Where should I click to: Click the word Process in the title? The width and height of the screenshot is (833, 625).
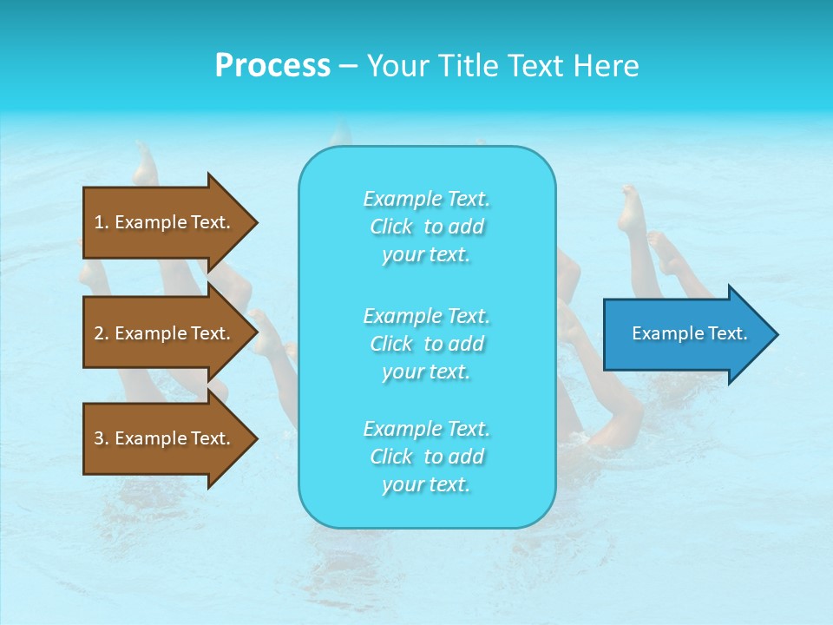pyautogui.click(x=272, y=66)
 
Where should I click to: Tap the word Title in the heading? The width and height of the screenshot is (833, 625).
pyautogui.click(x=464, y=66)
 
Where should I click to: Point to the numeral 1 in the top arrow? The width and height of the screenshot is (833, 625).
pyautogui.click(x=99, y=222)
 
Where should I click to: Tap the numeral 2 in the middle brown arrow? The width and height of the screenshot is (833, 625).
pyautogui.click(x=99, y=333)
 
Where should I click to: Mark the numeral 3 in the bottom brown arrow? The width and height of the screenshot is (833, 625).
pyautogui.click(x=99, y=438)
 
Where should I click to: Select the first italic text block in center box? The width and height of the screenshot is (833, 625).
pyautogui.click(x=426, y=227)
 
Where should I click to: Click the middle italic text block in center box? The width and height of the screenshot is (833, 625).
pyautogui.click(x=426, y=343)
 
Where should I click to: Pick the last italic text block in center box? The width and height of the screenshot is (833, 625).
pyautogui.click(x=426, y=457)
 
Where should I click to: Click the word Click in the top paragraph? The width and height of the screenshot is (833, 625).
pyautogui.click(x=391, y=227)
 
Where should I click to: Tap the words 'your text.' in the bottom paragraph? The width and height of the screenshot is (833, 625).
pyautogui.click(x=426, y=484)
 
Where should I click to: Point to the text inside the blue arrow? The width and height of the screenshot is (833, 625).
pyautogui.click(x=689, y=333)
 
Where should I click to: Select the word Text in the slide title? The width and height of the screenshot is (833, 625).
pyautogui.click(x=535, y=66)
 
